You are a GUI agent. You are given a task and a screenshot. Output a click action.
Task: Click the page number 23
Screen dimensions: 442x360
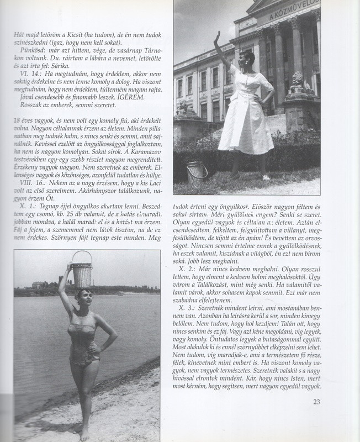point(316,402)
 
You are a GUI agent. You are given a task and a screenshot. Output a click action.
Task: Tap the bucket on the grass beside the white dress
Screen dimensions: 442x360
point(197,172)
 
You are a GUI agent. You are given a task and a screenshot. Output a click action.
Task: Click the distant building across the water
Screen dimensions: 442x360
point(38,285)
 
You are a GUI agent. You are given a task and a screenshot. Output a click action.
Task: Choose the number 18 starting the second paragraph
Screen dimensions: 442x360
point(19,120)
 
